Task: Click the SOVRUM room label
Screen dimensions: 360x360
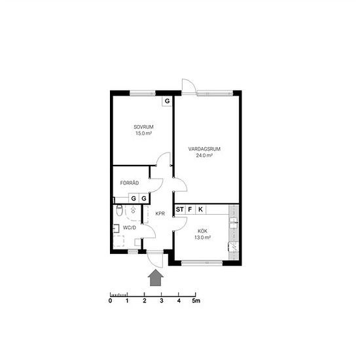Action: [x=143, y=127]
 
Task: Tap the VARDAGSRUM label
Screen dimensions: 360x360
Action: [x=204, y=149]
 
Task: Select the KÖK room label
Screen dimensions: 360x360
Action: [x=202, y=231]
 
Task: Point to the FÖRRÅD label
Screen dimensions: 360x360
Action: [x=130, y=183]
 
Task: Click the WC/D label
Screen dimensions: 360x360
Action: [x=130, y=228]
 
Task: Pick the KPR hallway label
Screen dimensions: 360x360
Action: [x=160, y=213]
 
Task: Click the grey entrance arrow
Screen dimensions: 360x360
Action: [x=156, y=278]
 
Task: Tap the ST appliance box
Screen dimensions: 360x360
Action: [x=180, y=209]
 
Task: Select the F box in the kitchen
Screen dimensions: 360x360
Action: [x=190, y=209]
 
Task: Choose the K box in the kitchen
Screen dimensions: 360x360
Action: [x=201, y=209]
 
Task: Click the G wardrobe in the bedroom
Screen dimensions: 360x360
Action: [x=167, y=101]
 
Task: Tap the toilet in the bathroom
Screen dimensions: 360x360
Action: [x=119, y=210]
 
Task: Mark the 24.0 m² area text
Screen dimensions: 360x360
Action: [x=204, y=155]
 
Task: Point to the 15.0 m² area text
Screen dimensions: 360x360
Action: [x=143, y=133]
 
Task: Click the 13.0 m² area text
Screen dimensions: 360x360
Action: [x=202, y=238]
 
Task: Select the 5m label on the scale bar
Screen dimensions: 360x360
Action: [x=196, y=300]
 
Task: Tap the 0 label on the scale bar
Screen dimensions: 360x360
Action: [x=110, y=300]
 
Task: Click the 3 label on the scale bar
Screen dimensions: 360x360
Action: [x=162, y=300]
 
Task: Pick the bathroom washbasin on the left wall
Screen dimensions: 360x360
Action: [x=116, y=228]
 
